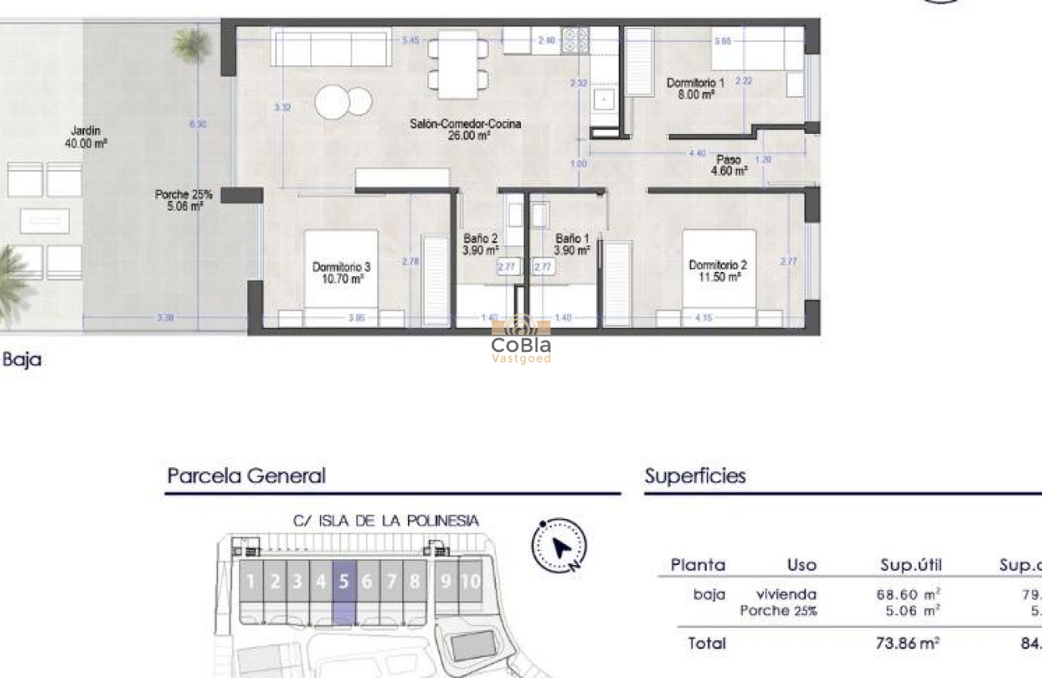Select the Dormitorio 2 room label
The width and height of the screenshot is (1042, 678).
pos(716,270)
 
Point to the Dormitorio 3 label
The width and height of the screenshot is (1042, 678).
pos(341,272)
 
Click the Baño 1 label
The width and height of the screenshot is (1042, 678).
pos(573,245)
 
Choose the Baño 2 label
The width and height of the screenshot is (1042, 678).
pos(480,245)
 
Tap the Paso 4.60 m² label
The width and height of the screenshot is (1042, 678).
pos(728,165)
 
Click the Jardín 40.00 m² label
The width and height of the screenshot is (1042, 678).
pos(86,136)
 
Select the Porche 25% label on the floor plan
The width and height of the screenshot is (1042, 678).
pos(183,200)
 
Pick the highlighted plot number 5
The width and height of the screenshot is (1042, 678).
pos(344,581)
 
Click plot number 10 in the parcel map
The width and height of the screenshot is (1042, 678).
pos(470,581)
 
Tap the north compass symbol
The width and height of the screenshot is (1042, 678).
pos(559,546)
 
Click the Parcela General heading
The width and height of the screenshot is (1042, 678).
pos(246,476)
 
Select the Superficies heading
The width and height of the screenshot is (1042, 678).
pos(695,476)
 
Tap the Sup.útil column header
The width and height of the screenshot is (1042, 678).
pos(910,565)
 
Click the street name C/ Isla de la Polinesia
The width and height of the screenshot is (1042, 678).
pos(385,521)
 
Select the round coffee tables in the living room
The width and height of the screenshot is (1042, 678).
pos(343,102)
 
